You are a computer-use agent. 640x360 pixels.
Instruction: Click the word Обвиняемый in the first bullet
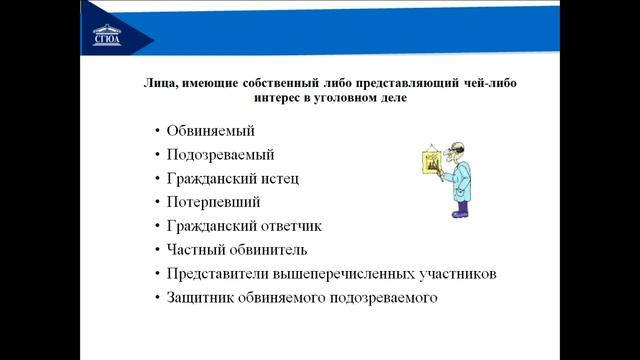211,131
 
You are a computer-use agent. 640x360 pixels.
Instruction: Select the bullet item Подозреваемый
220,155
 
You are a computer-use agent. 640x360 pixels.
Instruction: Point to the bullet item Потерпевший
214,203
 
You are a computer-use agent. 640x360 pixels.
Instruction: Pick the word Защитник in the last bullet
206,298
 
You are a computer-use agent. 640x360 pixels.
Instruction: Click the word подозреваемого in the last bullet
383,298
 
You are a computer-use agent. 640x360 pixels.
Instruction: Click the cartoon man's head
452,150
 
